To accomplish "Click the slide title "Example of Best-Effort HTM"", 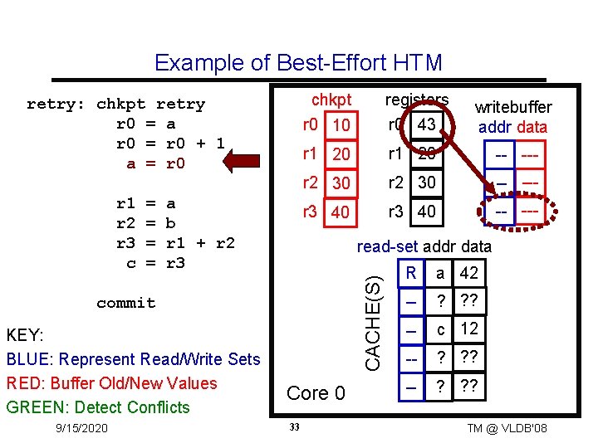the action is pyautogui.click(x=298, y=63).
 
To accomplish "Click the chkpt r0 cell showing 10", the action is pyautogui.click(x=340, y=125).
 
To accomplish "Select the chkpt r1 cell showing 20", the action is pyautogui.click(x=341, y=155).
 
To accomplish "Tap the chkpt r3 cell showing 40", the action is pyautogui.click(x=341, y=212).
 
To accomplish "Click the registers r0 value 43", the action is pyautogui.click(x=427, y=124).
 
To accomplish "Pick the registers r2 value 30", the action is pyautogui.click(x=427, y=183).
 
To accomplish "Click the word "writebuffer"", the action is pyautogui.click(x=512, y=107).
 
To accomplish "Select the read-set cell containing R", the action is pyautogui.click(x=410, y=273).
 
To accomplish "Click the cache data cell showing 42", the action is pyautogui.click(x=468, y=273).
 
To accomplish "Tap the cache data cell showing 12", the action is pyautogui.click(x=468, y=329).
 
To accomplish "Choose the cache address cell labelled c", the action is pyautogui.click(x=440, y=329).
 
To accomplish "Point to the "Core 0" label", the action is pyautogui.click(x=316, y=393).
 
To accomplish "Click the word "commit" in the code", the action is pyautogui.click(x=125, y=303).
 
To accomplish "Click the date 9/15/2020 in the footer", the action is pyautogui.click(x=79, y=427).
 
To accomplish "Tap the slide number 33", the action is pyautogui.click(x=294, y=427).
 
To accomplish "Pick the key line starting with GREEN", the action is pyautogui.click(x=98, y=407).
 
